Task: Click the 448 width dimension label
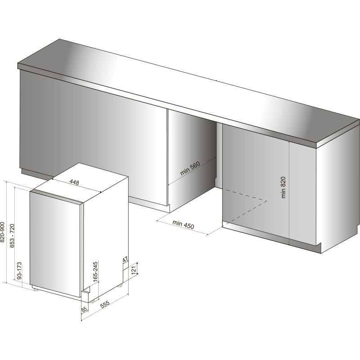74,182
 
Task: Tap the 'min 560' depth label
190,168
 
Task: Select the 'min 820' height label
283,187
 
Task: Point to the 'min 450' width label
183,224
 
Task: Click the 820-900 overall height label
3,232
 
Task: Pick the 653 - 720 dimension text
12,236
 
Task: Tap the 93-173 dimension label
19,270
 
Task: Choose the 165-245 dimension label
95,270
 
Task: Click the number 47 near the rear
125,260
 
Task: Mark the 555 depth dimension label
105,304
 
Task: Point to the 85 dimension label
84,310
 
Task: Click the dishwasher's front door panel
55,244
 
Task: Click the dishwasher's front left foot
36,290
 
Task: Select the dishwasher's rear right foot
120,286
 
